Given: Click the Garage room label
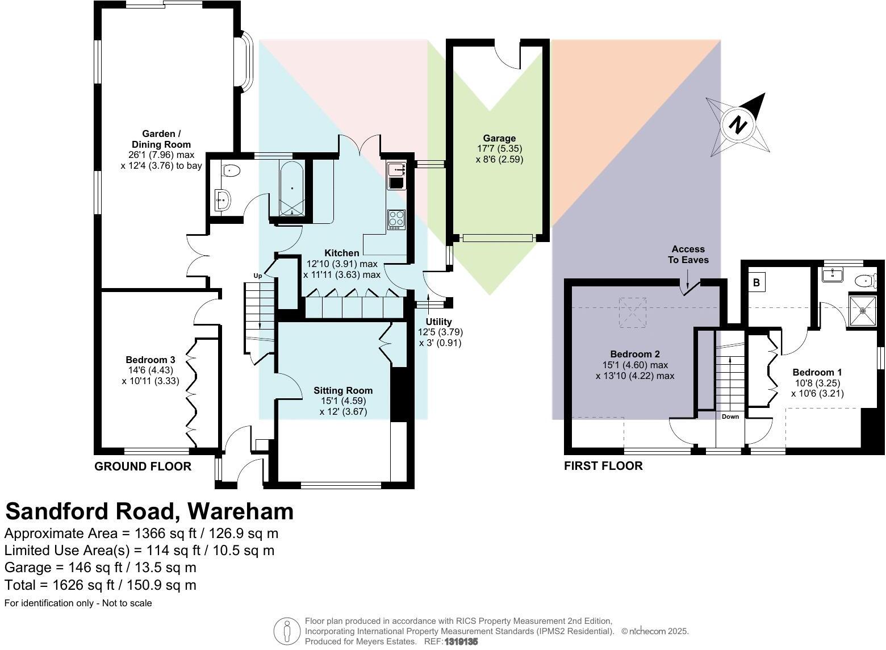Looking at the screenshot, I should click(x=499, y=138).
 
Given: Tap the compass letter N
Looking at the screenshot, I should click(x=738, y=124).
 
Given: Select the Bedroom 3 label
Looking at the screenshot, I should click(x=150, y=360).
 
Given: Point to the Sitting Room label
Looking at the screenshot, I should click(x=343, y=390).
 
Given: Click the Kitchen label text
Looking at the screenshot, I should click(x=341, y=253).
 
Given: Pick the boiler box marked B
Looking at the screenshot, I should click(x=757, y=282).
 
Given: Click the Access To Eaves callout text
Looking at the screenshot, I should click(x=688, y=254).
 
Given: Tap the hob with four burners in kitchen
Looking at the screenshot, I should click(x=396, y=219).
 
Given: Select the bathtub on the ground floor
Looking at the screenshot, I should click(x=291, y=188).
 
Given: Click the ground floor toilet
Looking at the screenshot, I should click(x=231, y=169).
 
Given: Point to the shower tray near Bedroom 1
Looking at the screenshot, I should click(x=863, y=310).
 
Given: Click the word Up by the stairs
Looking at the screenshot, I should click(x=258, y=276).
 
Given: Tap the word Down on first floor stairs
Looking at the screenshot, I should click(x=730, y=416).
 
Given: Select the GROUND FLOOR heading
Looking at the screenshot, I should click(x=143, y=466).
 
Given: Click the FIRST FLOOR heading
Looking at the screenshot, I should click(x=603, y=466).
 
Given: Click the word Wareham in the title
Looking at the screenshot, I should click(x=240, y=511).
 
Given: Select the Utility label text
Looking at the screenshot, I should click(x=438, y=322).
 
